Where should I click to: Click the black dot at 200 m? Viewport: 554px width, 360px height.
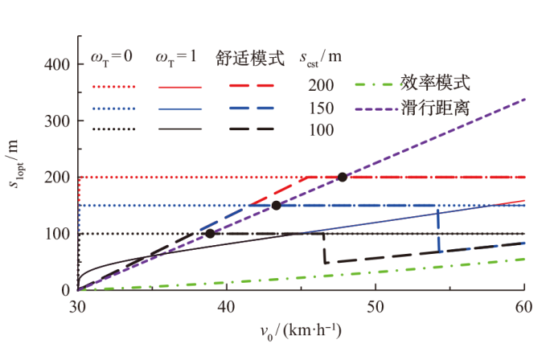point(343,177)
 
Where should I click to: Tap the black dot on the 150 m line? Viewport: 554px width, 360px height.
point(276,206)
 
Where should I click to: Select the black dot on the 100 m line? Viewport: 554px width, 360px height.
point(210,234)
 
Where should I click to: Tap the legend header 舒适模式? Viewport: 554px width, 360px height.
point(251,58)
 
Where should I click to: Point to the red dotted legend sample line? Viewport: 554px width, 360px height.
point(114,84)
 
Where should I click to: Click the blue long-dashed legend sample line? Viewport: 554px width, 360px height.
point(252,108)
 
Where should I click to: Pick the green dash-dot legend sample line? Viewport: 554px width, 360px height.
point(375,84)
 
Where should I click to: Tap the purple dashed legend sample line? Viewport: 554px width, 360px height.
point(375,106)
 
